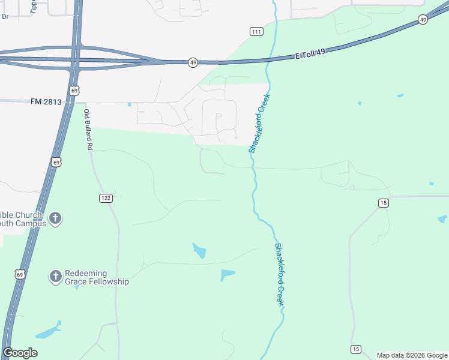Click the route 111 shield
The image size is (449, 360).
point(256,31)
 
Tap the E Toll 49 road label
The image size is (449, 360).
point(310,54)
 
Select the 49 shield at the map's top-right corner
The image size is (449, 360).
point(423,20)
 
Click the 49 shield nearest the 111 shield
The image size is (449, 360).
point(193,62)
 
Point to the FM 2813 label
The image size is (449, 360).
point(46,102)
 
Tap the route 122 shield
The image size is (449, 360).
point(106,198)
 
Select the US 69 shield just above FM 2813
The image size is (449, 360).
point(73,91)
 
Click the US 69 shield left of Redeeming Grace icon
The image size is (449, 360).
point(20,275)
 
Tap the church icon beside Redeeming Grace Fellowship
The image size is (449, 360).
point(55,276)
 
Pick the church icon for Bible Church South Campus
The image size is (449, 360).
point(55,218)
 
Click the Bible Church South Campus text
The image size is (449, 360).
point(22,219)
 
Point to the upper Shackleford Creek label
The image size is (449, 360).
point(260,123)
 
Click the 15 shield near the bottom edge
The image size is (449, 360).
point(356,349)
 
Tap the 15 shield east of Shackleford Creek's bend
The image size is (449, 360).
point(383,203)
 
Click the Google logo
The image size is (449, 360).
point(20,353)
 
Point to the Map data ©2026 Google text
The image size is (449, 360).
point(412,355)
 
